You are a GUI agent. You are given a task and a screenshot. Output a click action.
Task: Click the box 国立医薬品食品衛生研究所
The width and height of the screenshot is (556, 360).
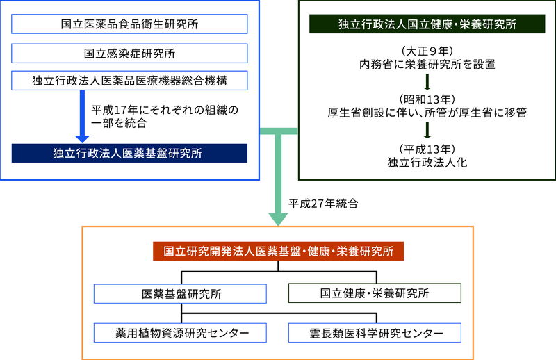coord(129,24)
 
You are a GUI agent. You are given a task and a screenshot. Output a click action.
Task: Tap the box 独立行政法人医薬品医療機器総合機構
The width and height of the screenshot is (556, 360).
coord(129,80)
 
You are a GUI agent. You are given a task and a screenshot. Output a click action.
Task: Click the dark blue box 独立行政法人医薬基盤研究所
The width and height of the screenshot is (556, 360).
coord(129,153)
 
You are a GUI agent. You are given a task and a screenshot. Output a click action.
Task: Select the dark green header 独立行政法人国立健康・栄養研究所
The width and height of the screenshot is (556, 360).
coord(426,24)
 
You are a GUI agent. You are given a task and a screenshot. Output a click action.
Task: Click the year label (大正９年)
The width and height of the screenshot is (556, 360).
coord(427,51)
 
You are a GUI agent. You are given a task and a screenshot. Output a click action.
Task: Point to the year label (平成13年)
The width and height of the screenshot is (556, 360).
coord(427,148)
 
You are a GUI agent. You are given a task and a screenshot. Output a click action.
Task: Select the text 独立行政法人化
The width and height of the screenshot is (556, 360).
coord(427,162)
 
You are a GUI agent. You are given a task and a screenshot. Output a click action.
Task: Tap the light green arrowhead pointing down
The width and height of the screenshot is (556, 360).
coord(278,218)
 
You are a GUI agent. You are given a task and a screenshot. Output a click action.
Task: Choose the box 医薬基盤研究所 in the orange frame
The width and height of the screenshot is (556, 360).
coord(181,293)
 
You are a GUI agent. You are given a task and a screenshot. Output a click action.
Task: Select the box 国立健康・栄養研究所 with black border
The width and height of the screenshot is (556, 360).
coord(375,293)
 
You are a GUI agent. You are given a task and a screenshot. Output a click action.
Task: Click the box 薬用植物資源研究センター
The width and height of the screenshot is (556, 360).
coord(181,333)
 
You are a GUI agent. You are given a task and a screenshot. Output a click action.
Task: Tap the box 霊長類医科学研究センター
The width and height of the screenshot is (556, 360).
coord(375,333)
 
